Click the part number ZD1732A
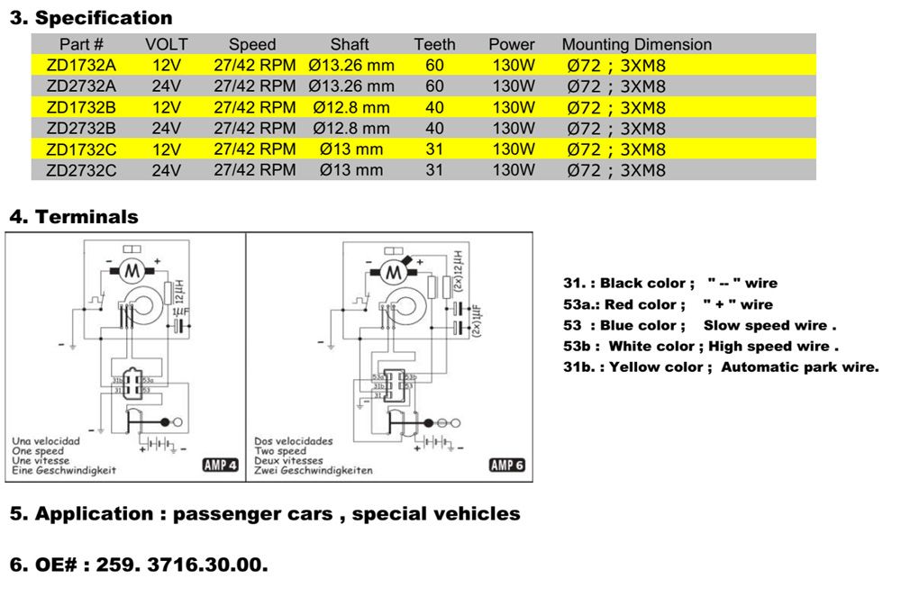pos(81,65)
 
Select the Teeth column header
pos(434,44)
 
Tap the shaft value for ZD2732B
pos(351,128)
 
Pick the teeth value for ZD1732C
pos(434,149)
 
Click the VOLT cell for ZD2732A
pos(167,86)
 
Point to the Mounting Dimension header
pos(636,44)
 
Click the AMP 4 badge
pos(220,465)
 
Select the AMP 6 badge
pos(506,465)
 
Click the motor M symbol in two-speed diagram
pos(392,270)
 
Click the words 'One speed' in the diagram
pos(38,451)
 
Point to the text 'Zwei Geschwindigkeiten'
pos(313,471)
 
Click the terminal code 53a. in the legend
pos(579,304)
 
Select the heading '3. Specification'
pos(90,18)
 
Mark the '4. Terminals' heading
pos(74,217)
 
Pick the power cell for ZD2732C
pos(513,169)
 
